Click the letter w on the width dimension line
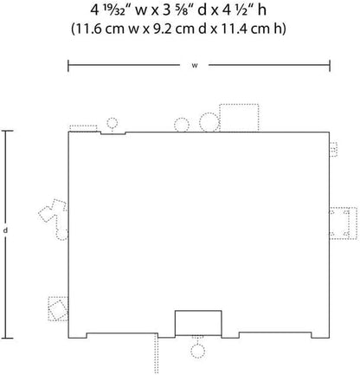tap(195, 66)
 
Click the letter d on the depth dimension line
tap(5, 230)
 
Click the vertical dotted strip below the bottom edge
tap(156, 353)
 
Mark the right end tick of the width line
tap(330, 66)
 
